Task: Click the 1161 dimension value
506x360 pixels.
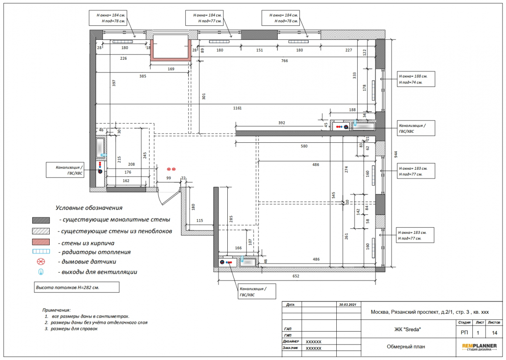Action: pyautogui.click(x=237, y=108)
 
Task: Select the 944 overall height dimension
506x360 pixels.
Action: pyautogui.click(x=396, y=154)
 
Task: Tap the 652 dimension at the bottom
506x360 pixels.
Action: pyautogui.click(x=296, y=276)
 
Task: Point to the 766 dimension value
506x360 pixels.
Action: pyautogui.click(x=284, y=61)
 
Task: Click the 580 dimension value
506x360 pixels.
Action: pyautogui.click(x=304, y=146)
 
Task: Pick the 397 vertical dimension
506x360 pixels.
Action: pyautogui.click(x=114, y=83)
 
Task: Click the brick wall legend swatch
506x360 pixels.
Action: pyautogui.click(x=41, y=242)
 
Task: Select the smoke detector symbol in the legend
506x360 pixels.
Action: pyautogui.click(x=41, y=261)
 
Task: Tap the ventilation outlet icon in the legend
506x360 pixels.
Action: pyautogui.click(x=41, y=272)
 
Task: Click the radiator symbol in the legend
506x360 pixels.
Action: pyautogui.click(x=41, y=251)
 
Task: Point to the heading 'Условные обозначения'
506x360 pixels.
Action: pyautogui.click(x=89, y=208)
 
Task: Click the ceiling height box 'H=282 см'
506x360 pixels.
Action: pyautogui.click(x=77, y=288)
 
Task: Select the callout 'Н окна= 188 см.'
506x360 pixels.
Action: pyautogui.click(x=413, y=76)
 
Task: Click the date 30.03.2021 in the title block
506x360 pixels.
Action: pyautogui.click(x=348, y=305)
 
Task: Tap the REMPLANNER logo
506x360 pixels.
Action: pyautogui.click(x=479, y=347)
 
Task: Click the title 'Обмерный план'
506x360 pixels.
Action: pyautogui.click(x=406, y=347)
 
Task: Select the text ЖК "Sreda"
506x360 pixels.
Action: pyautogui.click(x=407, y=329)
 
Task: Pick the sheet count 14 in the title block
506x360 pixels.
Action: pyautogui.click(x=494, y=333)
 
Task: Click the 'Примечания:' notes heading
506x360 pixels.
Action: pyautogui.click(x=56, y=310)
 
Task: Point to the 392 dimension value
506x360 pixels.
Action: pyautogui.click(x=281, y=123)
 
